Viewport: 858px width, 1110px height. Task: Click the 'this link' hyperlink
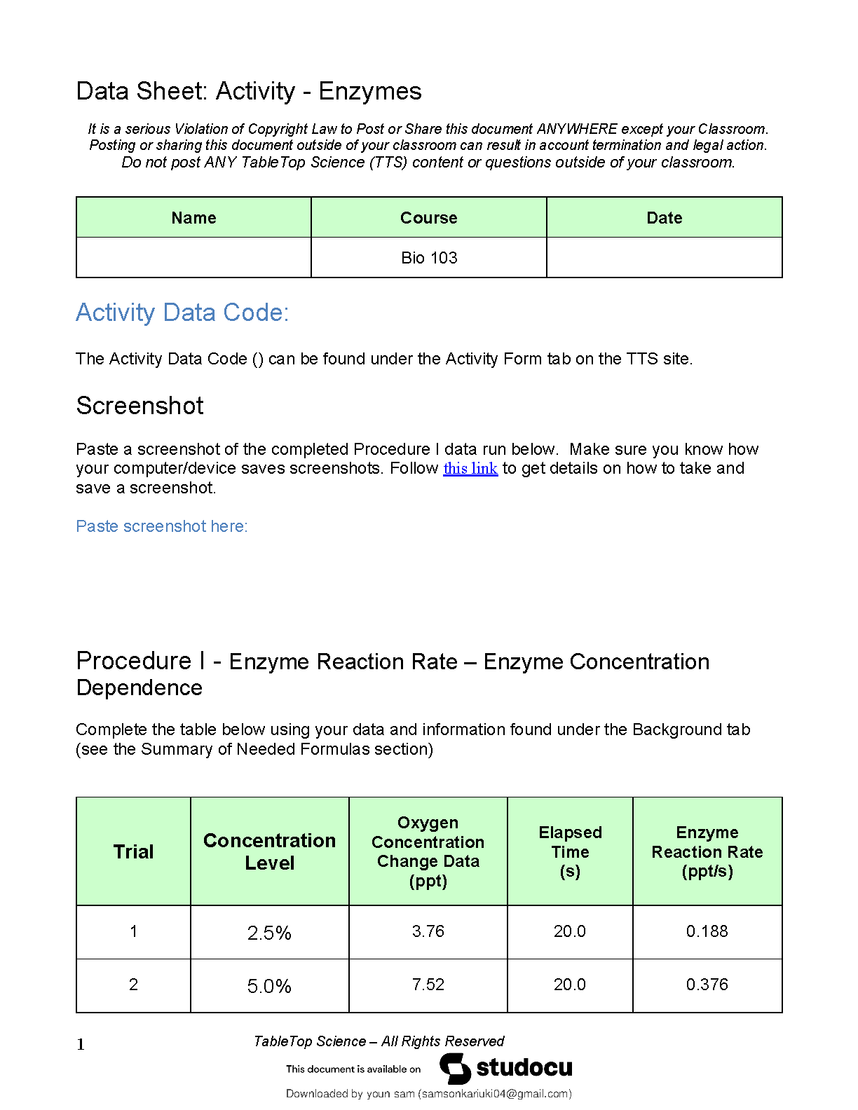tap(470, 468)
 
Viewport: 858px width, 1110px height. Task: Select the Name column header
tap(193, 218)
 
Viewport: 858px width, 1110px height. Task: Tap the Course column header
tap(428, 218)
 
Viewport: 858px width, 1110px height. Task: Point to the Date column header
tap(664, 218)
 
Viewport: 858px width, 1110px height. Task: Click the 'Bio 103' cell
tap(429, 258)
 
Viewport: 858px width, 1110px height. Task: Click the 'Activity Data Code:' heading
tap(182, 313)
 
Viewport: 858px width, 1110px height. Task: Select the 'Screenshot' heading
tap(140, 406)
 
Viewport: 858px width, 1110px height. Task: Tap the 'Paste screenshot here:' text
tap(162, 526)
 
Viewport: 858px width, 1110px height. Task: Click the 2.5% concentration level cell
tap(269, 933)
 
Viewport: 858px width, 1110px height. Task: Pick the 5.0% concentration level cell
tap(269, 986)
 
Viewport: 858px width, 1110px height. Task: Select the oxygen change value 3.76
tap(428, 931)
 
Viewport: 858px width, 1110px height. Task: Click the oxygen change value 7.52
tap(428, 985)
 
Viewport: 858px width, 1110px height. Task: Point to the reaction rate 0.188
tap(707, 931)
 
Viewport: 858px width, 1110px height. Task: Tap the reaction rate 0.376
tap(707, 985)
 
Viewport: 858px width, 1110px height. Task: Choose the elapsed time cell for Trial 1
tap(569, 931)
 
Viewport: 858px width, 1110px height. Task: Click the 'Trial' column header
tap(133, 851)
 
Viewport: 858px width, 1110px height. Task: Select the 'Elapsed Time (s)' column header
tap(570, 851)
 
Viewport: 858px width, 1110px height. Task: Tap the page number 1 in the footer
tap(81, 1045)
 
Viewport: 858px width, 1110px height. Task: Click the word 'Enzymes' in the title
tap(370, 92)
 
